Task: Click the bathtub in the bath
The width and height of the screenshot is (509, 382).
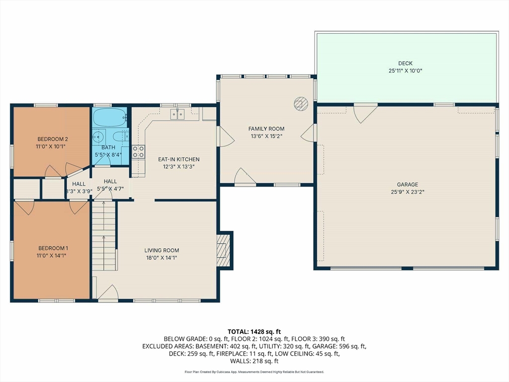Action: [x=109, y=117]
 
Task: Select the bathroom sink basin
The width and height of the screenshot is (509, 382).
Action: [x=98, y=137]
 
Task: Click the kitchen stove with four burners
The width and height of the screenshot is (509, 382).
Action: [x=138, y=152]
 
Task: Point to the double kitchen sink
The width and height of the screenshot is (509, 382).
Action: [x=177, y=114]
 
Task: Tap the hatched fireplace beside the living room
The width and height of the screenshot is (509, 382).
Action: [x=223, y=250]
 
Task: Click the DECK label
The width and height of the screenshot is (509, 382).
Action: [x=405, y=63]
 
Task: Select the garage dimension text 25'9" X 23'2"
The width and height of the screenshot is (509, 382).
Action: [x=408, y=192]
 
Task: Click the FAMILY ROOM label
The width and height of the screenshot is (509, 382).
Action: [x=266, y=129]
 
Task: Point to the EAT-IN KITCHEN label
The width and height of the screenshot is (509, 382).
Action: [x=178, y=159]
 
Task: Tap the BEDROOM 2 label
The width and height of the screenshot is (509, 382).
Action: [x=53, y=139]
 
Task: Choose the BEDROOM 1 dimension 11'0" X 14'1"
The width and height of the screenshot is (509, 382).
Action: [x=51, y=256]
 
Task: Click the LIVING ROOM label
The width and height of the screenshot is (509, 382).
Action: [x=162, y=251]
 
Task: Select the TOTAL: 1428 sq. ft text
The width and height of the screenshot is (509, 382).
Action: [x=254, y=332]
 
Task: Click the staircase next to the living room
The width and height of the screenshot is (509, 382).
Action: [x=104, y=236]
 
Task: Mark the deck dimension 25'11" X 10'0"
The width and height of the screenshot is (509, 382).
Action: [x=405, y=71]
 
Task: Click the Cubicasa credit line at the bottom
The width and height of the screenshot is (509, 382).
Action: [x=254, y=372]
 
